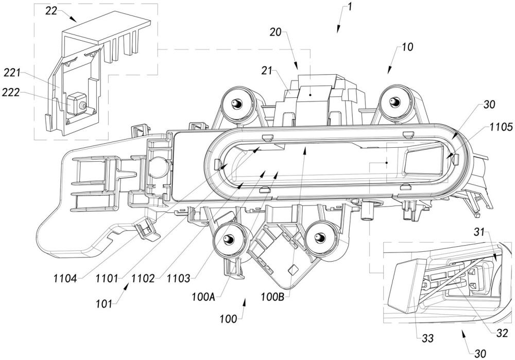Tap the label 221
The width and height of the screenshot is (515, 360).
[x=12, y=73]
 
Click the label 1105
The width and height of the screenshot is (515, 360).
[x=501, y=127]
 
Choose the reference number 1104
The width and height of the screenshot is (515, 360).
[x=65, y=279]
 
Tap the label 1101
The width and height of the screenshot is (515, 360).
[x=107, y=279]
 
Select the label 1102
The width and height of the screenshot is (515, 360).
[x=143, y=279]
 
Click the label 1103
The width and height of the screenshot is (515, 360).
[x=178, y=279]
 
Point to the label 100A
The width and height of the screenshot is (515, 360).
[x=203, y=297]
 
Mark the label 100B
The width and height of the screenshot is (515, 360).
[x=272, y=297]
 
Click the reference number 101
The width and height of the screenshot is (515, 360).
[x=104, y=304]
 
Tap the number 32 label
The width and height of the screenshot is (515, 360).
[x=502, y=333]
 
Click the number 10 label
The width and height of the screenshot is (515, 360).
[x=407, y=47]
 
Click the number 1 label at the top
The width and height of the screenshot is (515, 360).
[x=349, y=7]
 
